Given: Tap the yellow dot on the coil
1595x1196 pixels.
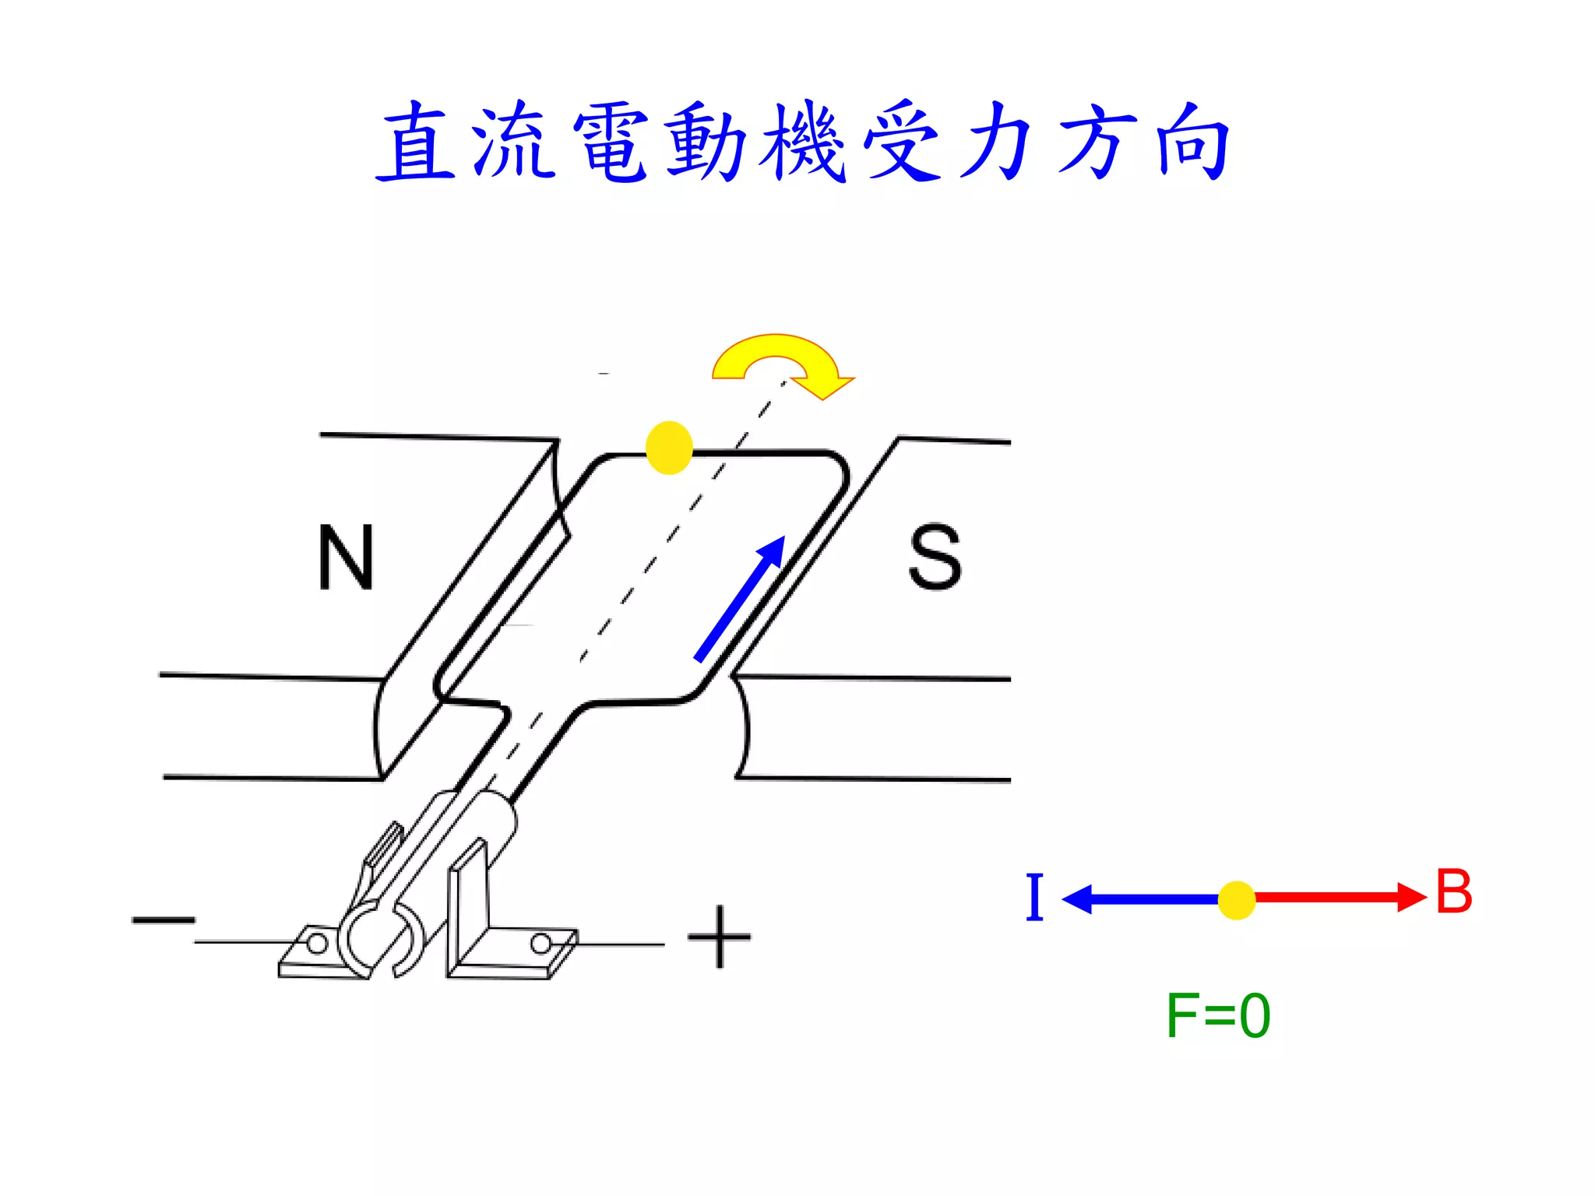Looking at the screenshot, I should [x=669, y=448].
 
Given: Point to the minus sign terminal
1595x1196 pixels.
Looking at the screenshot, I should [x=164, y=920].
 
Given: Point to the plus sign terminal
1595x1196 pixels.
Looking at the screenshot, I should [x=719, y=937].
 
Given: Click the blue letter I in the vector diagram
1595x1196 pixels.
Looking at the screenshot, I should [x=1034, y=897].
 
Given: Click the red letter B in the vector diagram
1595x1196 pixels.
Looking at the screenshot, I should [x=1453, y=892].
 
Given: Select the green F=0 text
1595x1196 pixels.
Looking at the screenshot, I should [x=1217, y=1016].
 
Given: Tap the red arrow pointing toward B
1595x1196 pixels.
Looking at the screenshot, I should [x=1340, y=897].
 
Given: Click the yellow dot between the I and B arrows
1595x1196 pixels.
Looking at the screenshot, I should [x=1236, y=900].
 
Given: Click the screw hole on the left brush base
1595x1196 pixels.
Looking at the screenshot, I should [x=316, y=944].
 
